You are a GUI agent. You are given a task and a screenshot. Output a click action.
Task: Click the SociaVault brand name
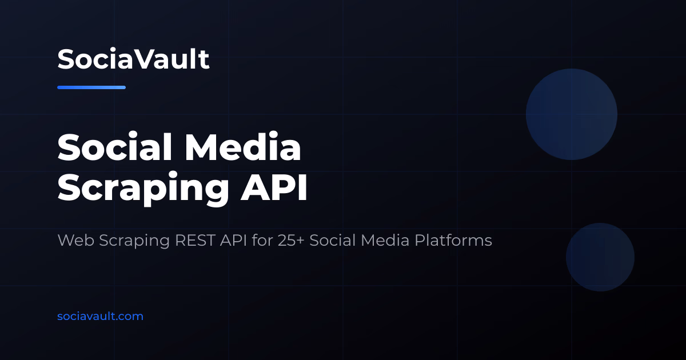click(133, 59)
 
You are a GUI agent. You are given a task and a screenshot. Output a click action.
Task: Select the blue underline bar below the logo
click(91, 87)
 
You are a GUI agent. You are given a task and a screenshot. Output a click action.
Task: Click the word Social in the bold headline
click(114, 147)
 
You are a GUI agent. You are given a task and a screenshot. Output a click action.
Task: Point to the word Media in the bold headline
click(242, 147)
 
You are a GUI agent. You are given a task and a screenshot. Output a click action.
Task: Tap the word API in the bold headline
click(274, 187)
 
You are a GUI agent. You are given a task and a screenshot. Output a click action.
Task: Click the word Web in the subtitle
click(75, 240)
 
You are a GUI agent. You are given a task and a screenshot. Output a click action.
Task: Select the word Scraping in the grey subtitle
click(134, 241)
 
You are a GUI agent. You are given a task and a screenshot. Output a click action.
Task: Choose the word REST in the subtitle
click(195, 240)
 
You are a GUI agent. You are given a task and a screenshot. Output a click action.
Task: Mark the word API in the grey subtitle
click(233, 240)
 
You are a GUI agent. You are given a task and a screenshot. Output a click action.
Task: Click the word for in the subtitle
click(262, 240)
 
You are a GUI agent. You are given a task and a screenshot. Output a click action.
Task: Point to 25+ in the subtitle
click(291, 240)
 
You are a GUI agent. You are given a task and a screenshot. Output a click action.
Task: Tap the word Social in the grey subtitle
click(332, 240)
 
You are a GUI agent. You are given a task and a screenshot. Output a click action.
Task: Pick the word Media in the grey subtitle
click(385, 240)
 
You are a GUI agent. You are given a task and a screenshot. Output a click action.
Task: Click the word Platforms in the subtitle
click(453, 240)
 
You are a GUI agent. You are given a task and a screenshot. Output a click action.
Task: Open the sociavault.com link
click(100, 316)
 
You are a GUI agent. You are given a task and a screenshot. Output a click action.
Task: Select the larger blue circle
click(572, 114)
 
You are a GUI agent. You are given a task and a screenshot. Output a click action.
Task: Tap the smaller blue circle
click(600, 257)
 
